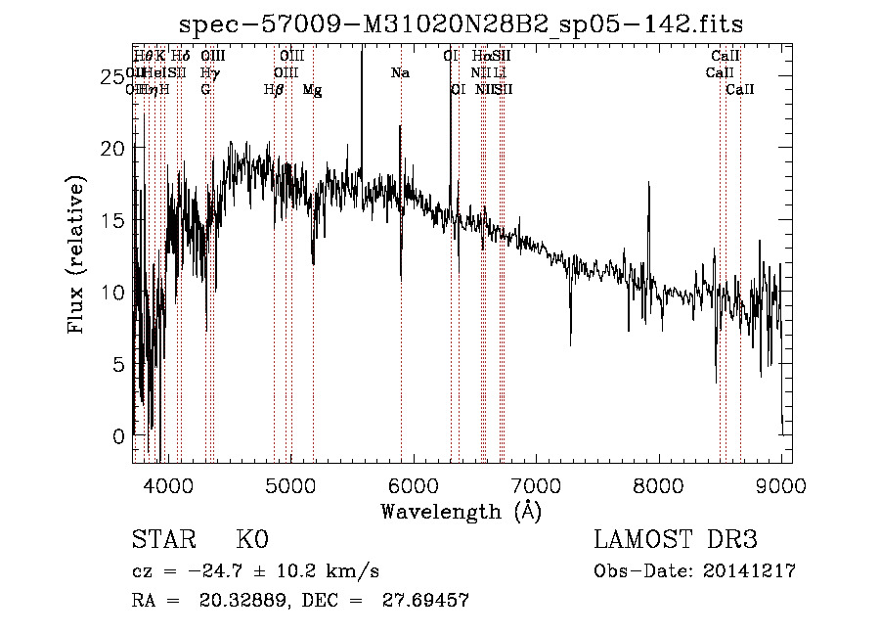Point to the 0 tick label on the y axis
pos(120,435)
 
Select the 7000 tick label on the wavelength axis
pos(536,484)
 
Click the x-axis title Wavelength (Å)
pos(461,511)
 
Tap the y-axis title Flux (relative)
pos(76,254)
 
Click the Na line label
pos(400,73)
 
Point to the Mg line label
pos(312,90)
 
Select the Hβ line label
pos(274,90)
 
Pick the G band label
pos(205,90)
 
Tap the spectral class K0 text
pos(251,541)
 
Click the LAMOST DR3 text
pos(676,541)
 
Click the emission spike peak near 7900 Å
pos(648,184)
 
